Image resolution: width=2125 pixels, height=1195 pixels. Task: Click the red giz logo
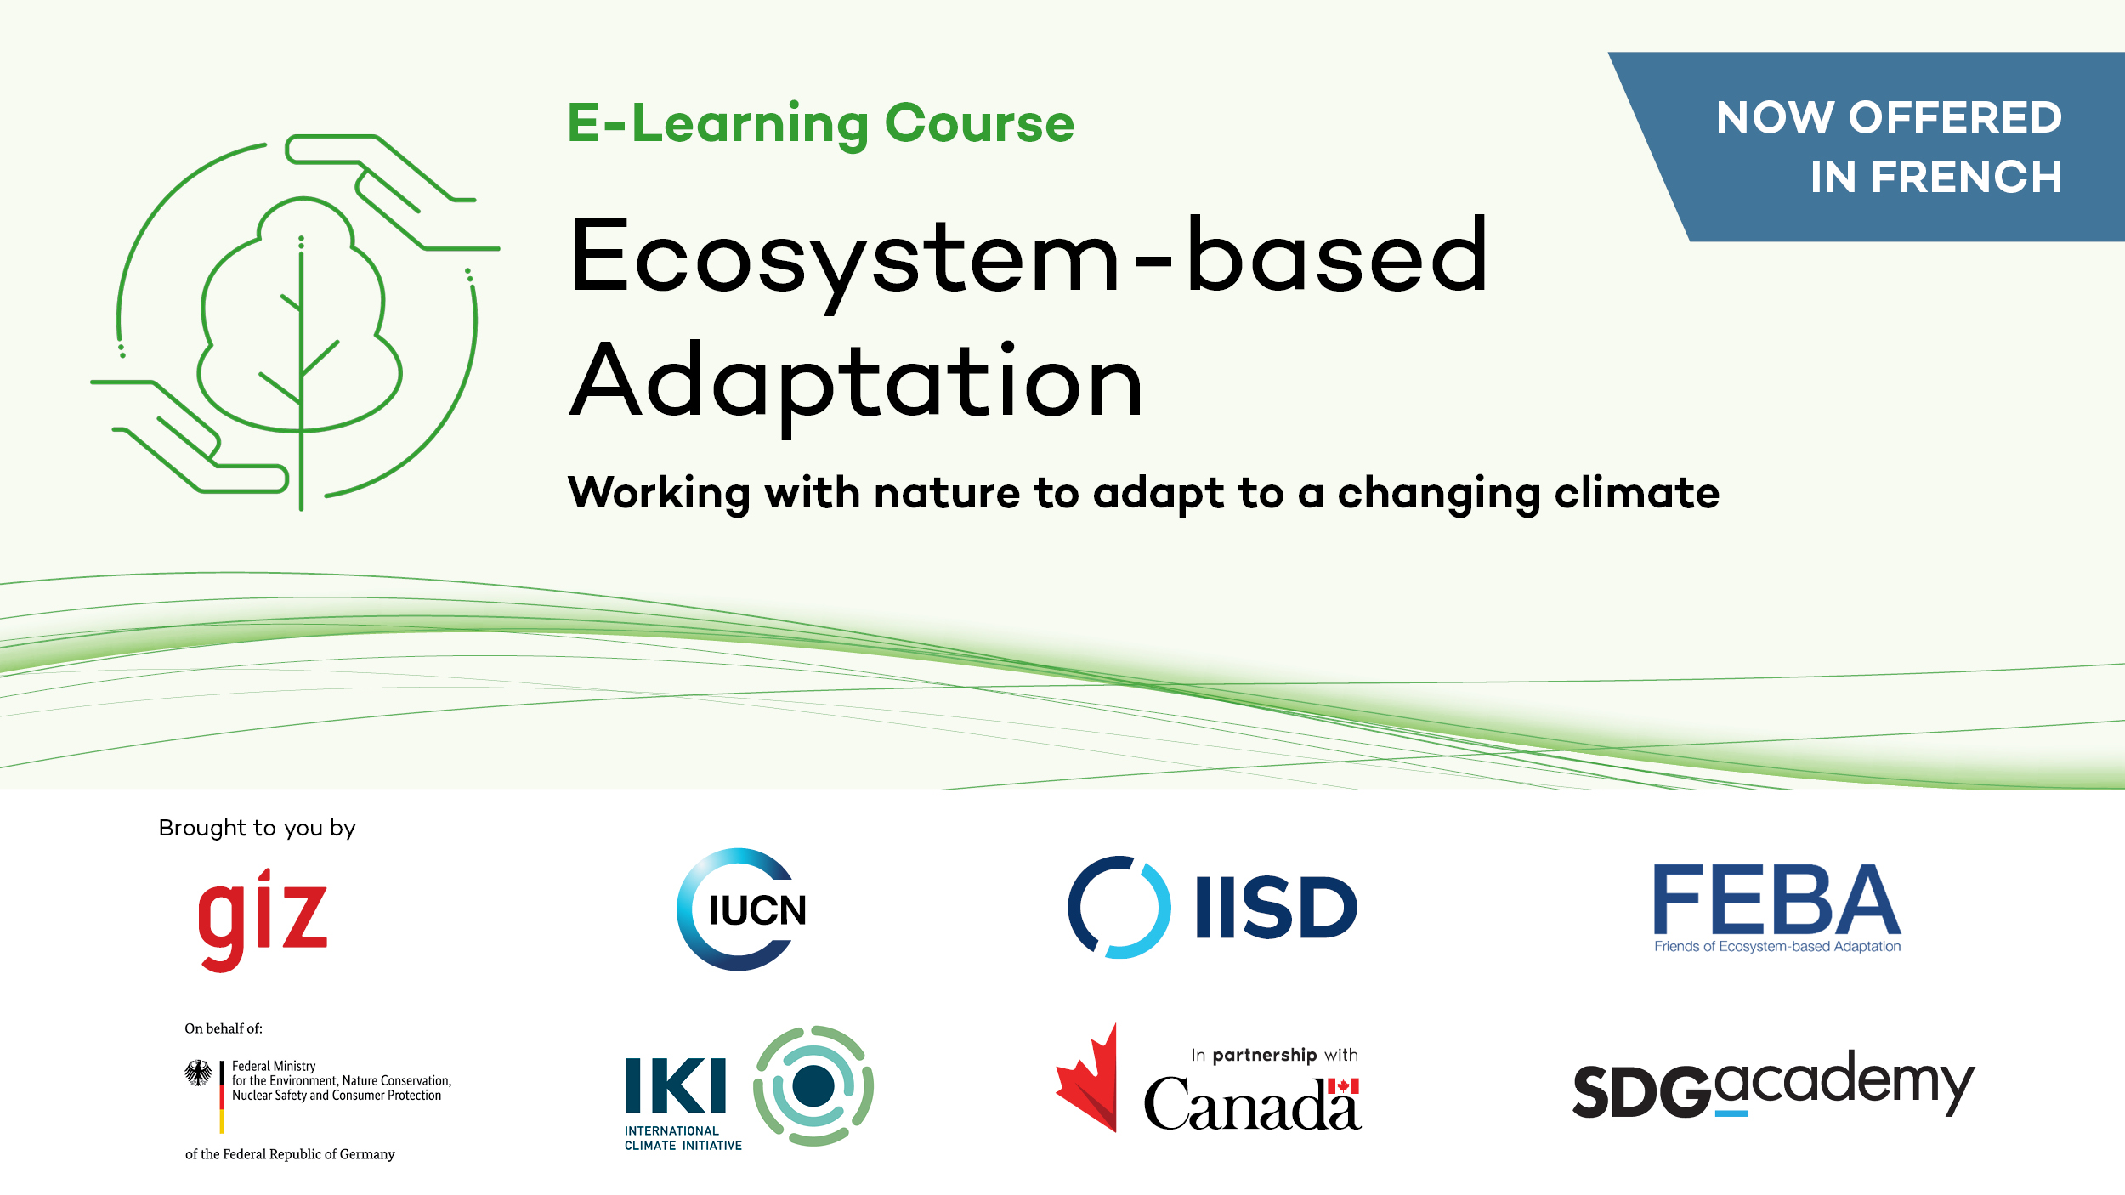(x=263, y=920)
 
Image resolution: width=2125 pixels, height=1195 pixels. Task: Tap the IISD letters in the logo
(x=1276, y=908)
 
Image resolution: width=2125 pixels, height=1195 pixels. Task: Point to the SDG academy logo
(x=1774, y=1084)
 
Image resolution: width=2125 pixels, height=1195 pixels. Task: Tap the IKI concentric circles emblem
(x=813, y=1086)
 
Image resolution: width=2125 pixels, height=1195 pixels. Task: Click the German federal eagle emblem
(x=199, y=1073)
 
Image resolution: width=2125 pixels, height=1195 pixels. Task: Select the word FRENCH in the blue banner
(x=1966, y=177)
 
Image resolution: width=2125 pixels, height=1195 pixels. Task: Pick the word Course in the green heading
(x=979, y=123)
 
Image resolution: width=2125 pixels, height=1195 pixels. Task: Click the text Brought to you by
(x=258, y=828)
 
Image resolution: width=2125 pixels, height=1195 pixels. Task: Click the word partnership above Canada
(x=1265, y=1056)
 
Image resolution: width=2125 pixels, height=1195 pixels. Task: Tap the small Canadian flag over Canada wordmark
(x=1343, y=1086)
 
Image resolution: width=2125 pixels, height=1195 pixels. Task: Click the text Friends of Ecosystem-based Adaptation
(x=1777, y=947)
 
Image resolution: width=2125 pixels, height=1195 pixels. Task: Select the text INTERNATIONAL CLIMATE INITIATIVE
(x=683, y=1138)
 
